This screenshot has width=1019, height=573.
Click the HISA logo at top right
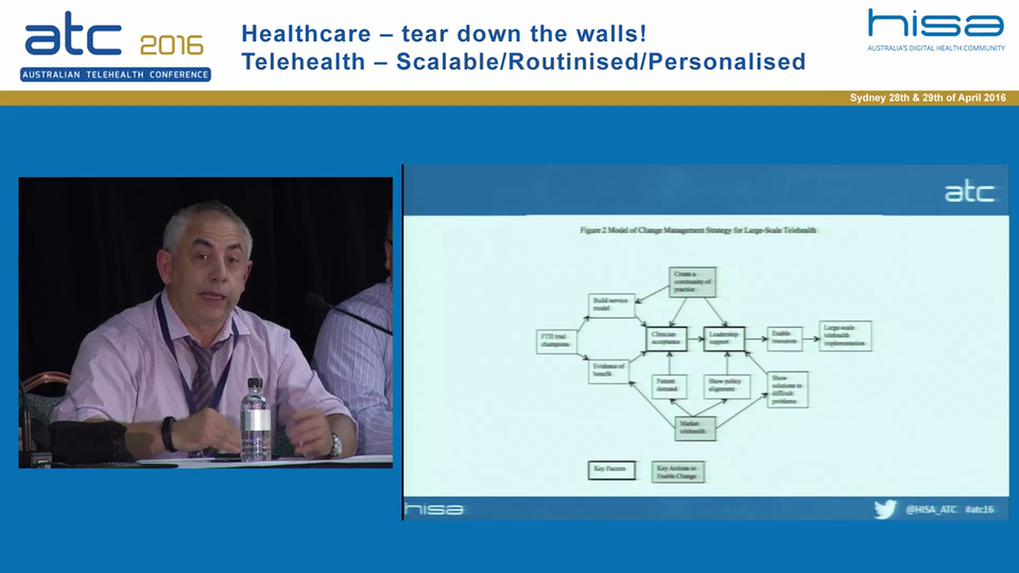[x=935, y=24]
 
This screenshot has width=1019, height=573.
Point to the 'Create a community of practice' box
[x=692, y=282]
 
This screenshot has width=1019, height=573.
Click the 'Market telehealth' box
[x=694, y=428]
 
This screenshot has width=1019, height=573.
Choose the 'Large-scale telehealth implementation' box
[x=845, y=336]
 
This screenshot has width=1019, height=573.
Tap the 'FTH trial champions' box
[x=556, y=341]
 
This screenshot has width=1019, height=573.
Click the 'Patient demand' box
[x=669, y=386]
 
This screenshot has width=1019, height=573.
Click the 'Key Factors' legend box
[x=611, y=470]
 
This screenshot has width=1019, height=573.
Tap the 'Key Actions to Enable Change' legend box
[x=677, y=471]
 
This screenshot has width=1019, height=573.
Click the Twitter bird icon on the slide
[x=884, y=509]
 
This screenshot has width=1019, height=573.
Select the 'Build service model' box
[x=611, y=305]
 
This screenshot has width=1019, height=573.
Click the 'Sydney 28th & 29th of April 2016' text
[x=927, y=98]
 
